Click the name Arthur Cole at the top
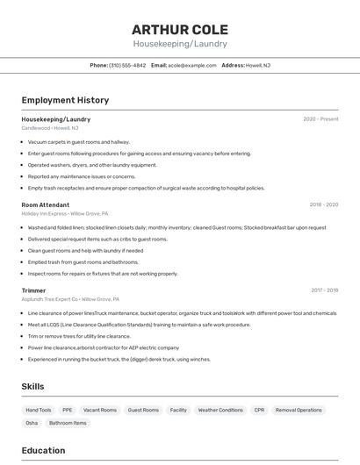(180, 30)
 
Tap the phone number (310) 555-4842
(127, 65)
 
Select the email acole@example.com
(192, 65)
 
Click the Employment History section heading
(65, 100)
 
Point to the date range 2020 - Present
(320, 119)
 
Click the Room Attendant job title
(46, 204)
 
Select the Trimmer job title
(33, 290)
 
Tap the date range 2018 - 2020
(323, 204)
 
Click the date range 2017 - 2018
(324, 290)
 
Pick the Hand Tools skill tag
(39, 410)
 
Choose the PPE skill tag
(68, 410)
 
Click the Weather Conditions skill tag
(220, 410)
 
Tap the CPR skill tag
(259, 410)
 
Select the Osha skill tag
(32, 423)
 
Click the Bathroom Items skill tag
(68, 423)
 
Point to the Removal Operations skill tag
(299, 410)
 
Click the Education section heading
(43, 450)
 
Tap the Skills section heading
(32, 386)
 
